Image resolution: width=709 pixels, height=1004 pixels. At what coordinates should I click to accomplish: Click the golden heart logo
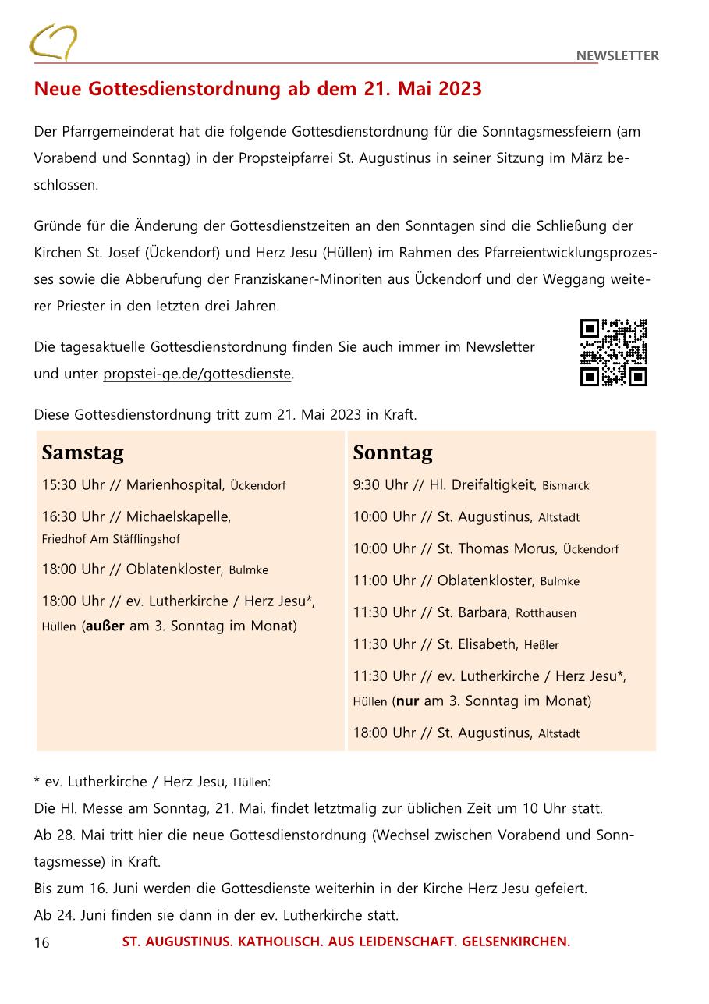pos(53,43)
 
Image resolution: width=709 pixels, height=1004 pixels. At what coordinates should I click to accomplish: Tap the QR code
pos(614,353)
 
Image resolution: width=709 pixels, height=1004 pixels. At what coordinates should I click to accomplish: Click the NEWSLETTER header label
pos(617,55)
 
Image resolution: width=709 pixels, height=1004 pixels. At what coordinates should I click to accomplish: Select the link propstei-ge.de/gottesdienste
pos(197,374)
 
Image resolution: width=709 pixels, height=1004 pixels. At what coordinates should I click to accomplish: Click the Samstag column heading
pos(83,452)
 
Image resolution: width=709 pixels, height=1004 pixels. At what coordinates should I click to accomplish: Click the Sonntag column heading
pos(392,452)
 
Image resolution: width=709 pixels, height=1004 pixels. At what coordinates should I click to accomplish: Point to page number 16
pos(41,942)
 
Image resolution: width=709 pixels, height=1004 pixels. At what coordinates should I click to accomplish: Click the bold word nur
pos(408,701)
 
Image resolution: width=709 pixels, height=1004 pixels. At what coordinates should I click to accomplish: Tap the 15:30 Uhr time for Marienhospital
pos(73,484)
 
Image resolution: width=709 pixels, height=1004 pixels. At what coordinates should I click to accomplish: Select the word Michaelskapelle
pos(178,516)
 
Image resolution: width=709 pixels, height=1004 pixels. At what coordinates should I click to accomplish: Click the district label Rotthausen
pos(546,613)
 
